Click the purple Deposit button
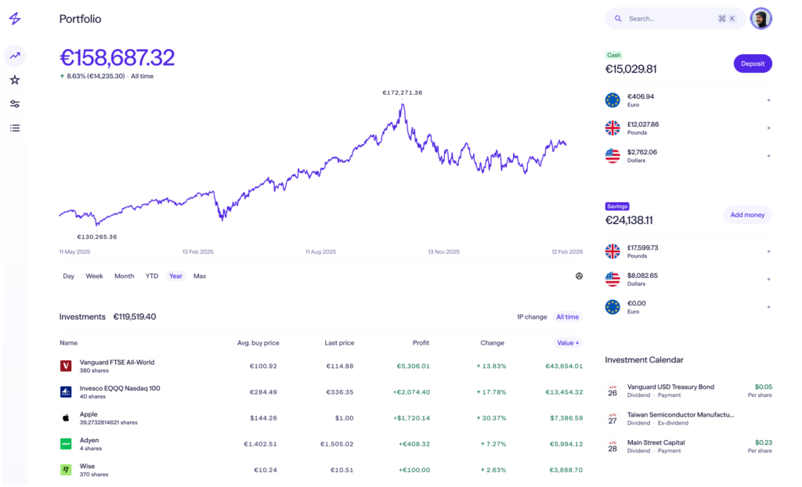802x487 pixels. (x=753, y=64)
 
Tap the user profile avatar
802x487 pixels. (x=760, y=19)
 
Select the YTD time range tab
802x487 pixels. (x=152, y=276)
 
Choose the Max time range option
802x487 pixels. (x=200, y=276)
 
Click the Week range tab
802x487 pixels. (x=95, y=276)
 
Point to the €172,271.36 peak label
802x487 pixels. (x=403, y=93)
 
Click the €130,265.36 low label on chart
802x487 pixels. (x=97, y=237)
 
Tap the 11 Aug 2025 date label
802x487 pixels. (x=320, y=252)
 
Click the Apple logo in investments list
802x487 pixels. (x=67, y=418)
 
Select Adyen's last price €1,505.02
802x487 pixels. (x=337, y=444)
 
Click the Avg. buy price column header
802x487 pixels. (x=258, y=343)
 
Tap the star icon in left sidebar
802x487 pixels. (x=15, y=80)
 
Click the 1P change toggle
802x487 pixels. (x=532, y=317)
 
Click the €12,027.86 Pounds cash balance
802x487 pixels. (x=643, y=124)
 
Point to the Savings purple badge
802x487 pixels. (x=617, y=207)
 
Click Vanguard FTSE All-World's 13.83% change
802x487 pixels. (x=491, y=366)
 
